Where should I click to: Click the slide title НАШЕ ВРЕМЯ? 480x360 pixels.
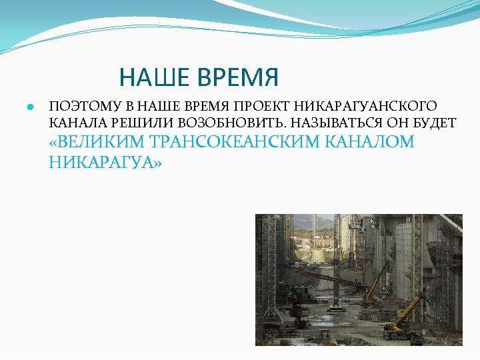[x=199, y=77]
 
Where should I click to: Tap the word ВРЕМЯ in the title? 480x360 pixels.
[x=238, y=77]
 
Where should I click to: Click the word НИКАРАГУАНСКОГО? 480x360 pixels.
[x=365, y=106]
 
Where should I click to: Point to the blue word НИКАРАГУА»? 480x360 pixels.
[x=105, y=161]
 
